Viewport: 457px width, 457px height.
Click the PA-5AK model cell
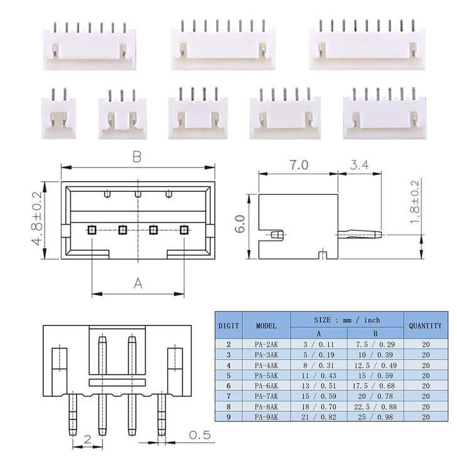click(x=266, y=374)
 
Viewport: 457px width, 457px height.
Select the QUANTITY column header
click(x=424, y=326)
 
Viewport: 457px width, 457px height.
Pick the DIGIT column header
click(x=228, y=326)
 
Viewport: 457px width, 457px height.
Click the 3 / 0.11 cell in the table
click(x=318, y=344)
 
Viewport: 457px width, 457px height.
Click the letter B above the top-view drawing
click(x=137, y=157)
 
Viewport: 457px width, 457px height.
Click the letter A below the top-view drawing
click(x=138, y=284)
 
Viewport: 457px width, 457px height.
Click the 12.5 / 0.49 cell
click(x=374, y=364)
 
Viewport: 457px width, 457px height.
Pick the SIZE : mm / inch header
click(x=347, y=320)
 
